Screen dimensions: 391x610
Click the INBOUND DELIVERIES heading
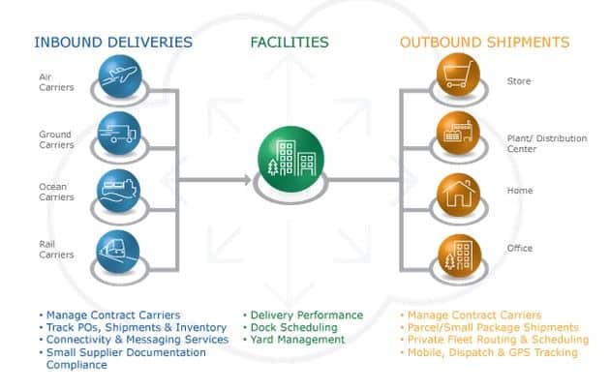point(112,43)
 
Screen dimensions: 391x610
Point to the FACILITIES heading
point(289,43)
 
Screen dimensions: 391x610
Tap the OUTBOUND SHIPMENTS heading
point(484,43)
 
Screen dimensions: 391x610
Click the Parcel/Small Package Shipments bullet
point(493,327)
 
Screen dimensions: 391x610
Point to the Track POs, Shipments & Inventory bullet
point(122,327)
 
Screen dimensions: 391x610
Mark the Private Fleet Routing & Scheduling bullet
point(498,340)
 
